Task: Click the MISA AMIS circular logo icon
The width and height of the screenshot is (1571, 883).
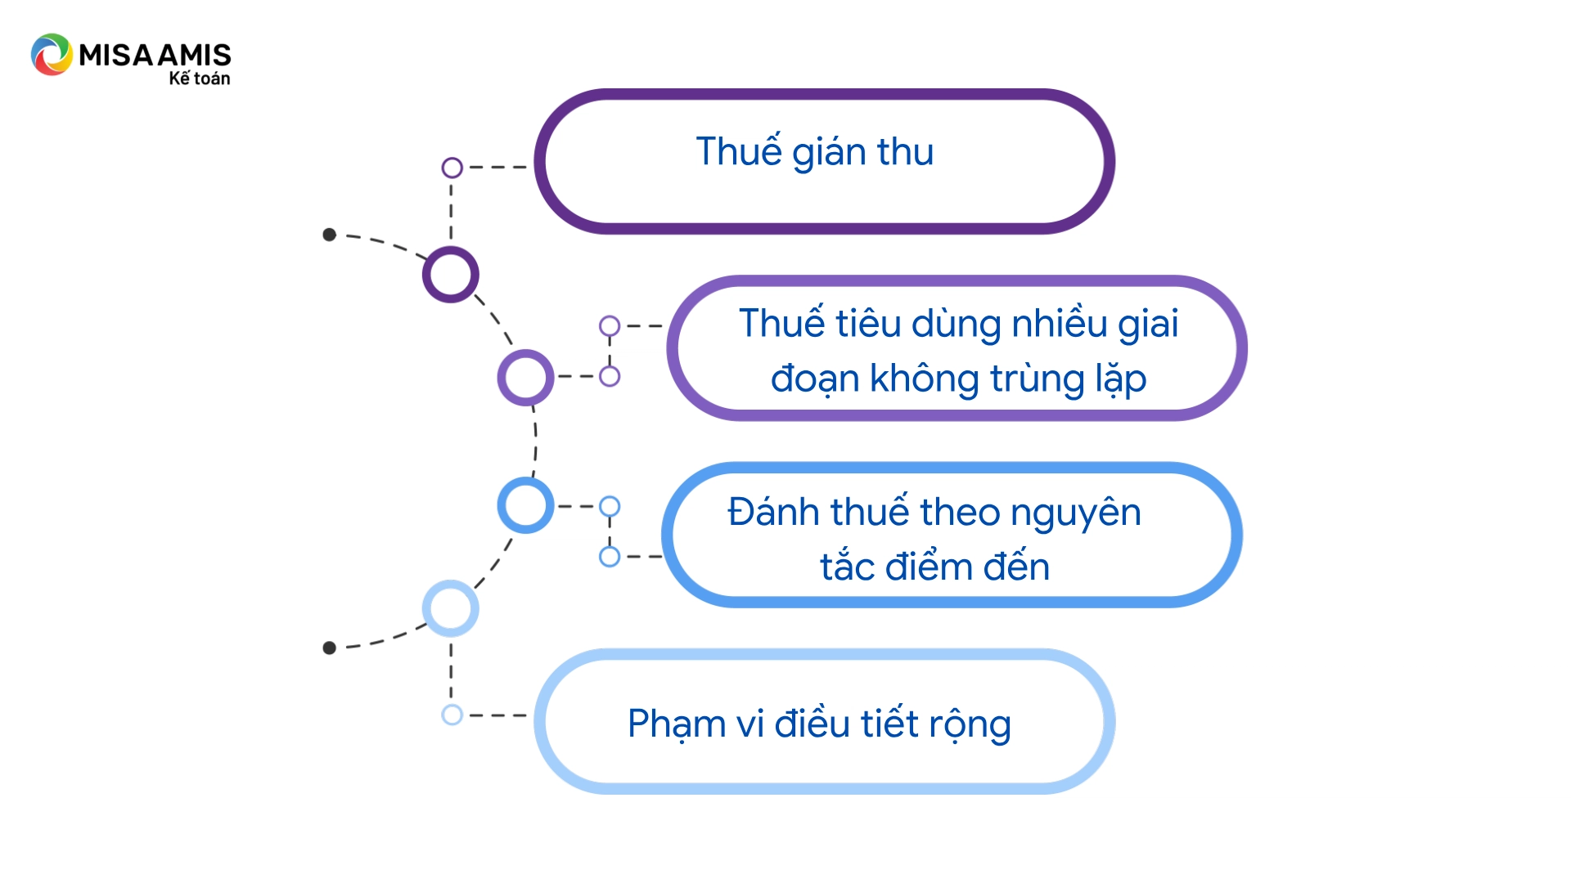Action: click(52, 55)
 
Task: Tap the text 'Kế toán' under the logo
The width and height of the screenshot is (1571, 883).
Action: click(200, 78)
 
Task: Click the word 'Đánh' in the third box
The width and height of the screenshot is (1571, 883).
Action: click(774, 513)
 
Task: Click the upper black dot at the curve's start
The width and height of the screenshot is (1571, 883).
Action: click(329, 235)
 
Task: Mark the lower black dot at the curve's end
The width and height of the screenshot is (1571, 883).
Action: click(329, 648)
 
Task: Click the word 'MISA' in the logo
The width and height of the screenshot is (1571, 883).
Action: click(115, 55)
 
